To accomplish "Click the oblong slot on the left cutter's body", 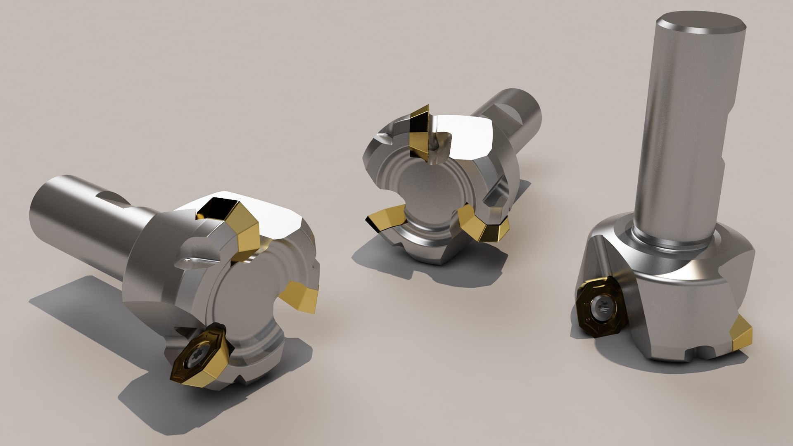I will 194,261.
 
